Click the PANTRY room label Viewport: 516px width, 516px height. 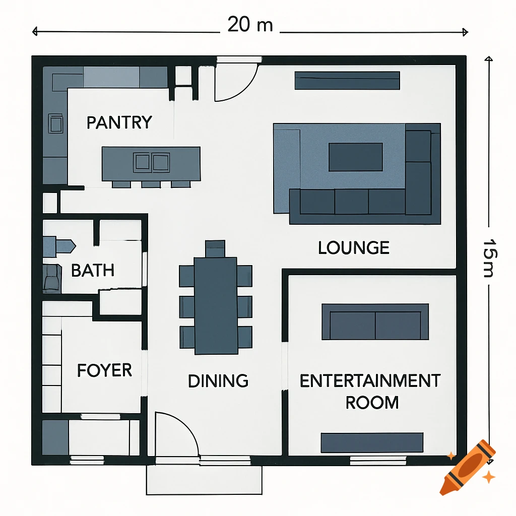point(119,122)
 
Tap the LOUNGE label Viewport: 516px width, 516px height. point(354,247)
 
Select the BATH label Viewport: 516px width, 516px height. point(93,271)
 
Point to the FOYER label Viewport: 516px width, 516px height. point(104,371)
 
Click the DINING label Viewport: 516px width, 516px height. point(218,381)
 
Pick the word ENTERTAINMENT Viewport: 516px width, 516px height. point(370,381)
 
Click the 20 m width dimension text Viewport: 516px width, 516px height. point(250,24)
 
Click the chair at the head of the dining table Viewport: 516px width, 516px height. point(216,248)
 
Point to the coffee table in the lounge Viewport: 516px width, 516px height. point(356,157)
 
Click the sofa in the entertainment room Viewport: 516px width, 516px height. point(375,321)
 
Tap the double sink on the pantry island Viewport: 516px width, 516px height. point(151,162)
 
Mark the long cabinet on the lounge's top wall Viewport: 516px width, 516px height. point(347,81)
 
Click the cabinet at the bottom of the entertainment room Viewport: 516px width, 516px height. point(372,442)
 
